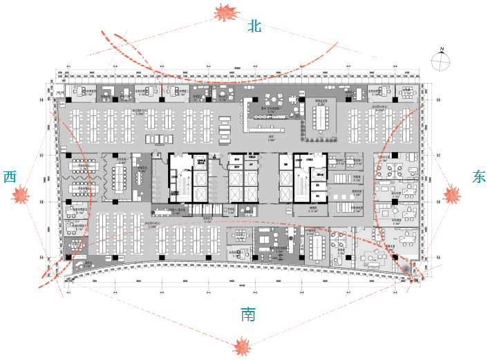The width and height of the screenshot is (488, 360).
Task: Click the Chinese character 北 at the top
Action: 255,27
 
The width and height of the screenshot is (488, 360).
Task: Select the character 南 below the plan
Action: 248,315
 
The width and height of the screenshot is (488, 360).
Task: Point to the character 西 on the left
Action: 10,177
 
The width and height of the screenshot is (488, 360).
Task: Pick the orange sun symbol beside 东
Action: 453,195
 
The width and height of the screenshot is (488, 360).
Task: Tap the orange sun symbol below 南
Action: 242,345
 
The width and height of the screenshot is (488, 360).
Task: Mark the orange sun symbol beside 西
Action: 21,195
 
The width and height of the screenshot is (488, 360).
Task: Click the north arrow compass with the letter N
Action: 440,60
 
